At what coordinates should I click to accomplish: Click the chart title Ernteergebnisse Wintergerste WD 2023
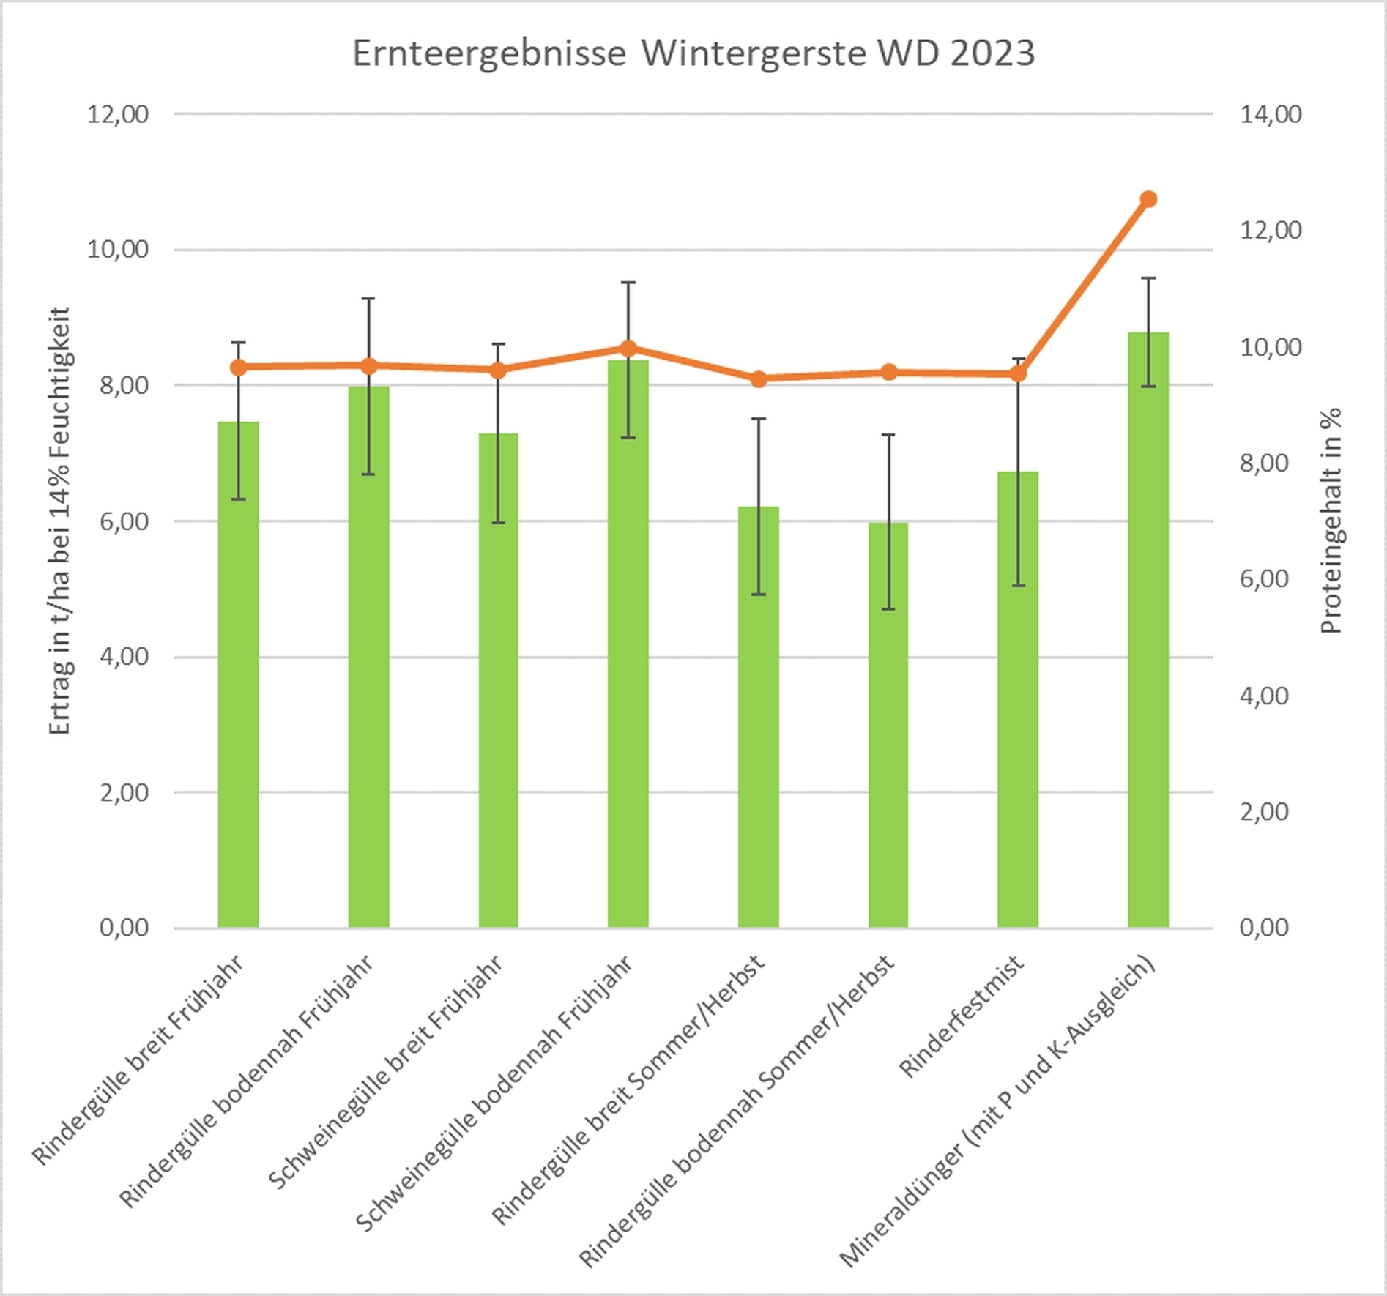click(x=693, y=53)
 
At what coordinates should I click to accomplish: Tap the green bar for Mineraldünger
click(x=1148, y=630)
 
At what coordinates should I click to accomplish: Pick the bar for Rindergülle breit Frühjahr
click(x=238, y=674)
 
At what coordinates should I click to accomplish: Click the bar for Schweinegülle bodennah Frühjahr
click(x=628, y=644)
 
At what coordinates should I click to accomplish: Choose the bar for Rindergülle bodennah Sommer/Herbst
click(x=888, y=725)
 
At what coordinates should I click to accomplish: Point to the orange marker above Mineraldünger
click(x=1148, y=199)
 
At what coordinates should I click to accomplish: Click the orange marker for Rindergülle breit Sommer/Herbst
click(x=759, y=379)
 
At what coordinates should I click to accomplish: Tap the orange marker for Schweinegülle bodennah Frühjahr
click(x=628, y=349)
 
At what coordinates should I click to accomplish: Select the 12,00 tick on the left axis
click(x=117, y=114)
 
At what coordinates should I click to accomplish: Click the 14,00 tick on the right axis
click(x=1271, y=114)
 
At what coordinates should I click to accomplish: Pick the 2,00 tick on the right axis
click(x=1264, y=811)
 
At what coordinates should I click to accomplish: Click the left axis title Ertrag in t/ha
click(x=60, y=520)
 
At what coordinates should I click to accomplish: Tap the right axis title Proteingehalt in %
click(x=1331, y=520)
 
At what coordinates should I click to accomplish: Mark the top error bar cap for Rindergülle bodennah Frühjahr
click(x=368, y=299)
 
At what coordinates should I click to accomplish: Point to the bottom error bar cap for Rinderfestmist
click(x=1018, y=586)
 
